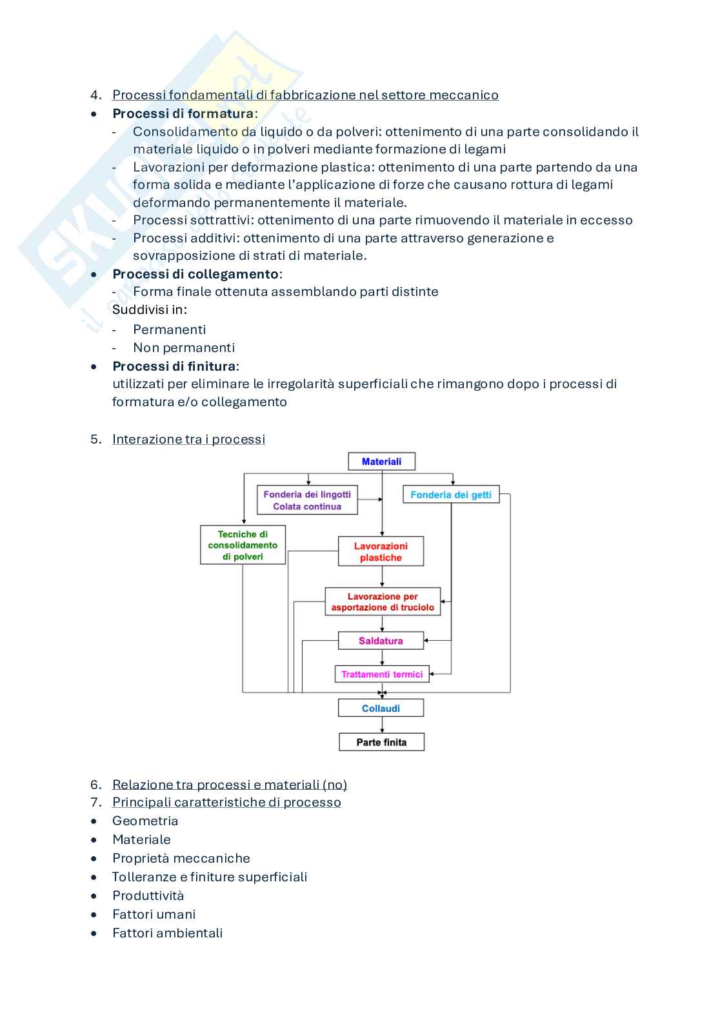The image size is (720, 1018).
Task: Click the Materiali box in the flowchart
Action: coord(381,462)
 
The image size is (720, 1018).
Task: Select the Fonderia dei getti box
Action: coord(451,494)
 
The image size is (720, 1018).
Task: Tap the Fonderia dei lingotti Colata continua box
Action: coord(307,500)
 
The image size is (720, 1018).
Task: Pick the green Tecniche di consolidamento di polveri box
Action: coord(243,545)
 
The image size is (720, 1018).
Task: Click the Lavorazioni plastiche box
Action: coord(381,552)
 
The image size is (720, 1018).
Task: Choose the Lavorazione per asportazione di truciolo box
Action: coord(383,602)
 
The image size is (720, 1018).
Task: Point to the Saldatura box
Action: coord(381,641)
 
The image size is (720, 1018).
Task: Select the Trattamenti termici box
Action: coord(382,674)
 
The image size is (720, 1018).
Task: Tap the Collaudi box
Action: coord(381,709)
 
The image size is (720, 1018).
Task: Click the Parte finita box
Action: coord(381,742)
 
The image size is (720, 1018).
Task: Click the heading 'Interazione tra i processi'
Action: coord(188,439)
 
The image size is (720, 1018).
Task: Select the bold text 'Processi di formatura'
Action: coord(183,113)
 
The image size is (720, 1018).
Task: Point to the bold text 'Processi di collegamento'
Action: coord(195,274)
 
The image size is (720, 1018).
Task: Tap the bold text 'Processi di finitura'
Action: coord(174,366)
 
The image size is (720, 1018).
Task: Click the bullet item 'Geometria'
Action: coord(145,821)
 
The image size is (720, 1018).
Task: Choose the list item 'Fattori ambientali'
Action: coord(167,933)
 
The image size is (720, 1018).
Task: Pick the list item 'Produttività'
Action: coord(148,896)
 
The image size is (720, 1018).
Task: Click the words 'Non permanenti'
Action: coord(184,347)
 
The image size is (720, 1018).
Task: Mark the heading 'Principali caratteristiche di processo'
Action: coord(226,802)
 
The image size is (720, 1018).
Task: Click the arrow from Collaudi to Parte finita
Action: coord(382,725)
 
